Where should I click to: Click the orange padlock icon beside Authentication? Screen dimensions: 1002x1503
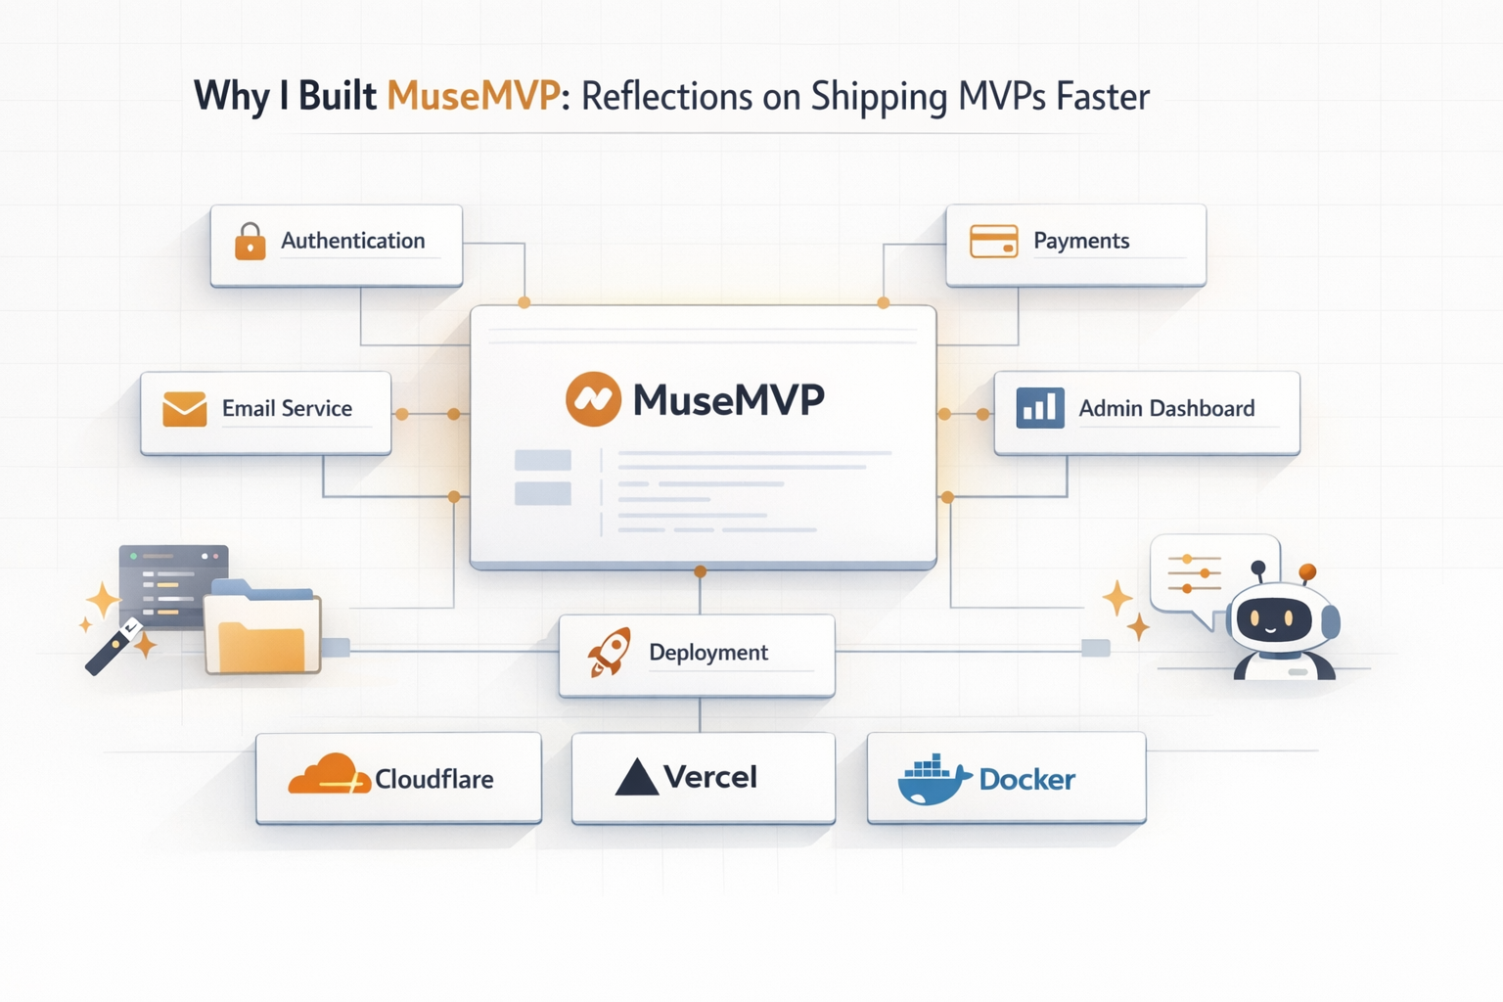point(250,241)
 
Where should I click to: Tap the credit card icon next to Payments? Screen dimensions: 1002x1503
point(993,241)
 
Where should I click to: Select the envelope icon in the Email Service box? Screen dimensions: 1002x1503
point(184,409)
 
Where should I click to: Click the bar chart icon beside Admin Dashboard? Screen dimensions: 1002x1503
point(1039,408)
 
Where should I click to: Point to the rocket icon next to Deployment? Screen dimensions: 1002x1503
point(609,653)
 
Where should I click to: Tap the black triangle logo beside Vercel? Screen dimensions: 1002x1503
point(636,777)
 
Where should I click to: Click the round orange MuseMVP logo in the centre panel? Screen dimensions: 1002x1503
point(593,399)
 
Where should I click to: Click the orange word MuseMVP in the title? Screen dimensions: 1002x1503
point(474,97)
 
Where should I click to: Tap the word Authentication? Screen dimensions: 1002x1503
point(352,241)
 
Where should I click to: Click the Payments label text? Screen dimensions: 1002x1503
point(1081,241)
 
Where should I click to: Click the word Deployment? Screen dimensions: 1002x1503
point(708,653)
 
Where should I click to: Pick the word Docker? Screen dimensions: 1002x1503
point(1026,780)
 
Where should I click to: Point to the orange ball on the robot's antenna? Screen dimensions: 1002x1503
point(1307,571)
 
